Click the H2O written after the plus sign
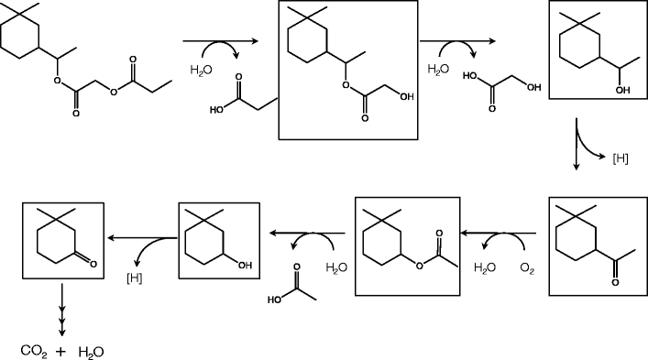click(92, 350)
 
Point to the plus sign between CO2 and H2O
click(61, 349)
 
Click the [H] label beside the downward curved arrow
click(621, 159)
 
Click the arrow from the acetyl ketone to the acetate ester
click(495, 235)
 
